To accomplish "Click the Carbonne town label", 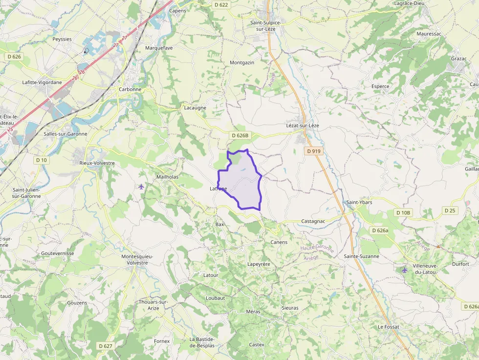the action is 130,89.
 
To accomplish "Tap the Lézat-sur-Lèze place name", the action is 302,126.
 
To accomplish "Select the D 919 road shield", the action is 314,151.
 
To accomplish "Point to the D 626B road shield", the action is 240,135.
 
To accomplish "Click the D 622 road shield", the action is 221,5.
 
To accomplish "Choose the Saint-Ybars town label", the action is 359,202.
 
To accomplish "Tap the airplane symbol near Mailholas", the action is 141,186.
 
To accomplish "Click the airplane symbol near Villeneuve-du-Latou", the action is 404,270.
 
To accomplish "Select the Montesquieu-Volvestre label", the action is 137,259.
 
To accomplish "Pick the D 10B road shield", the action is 404,213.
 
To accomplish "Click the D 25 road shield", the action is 450,211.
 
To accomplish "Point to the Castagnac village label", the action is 313,221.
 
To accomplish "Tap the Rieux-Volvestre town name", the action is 97,163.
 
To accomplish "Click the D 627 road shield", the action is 105,346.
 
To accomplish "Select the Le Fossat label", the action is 389,327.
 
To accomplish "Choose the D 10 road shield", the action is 41,160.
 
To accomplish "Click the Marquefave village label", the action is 159,48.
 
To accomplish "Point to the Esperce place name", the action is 380,86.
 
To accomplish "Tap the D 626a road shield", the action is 380,231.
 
